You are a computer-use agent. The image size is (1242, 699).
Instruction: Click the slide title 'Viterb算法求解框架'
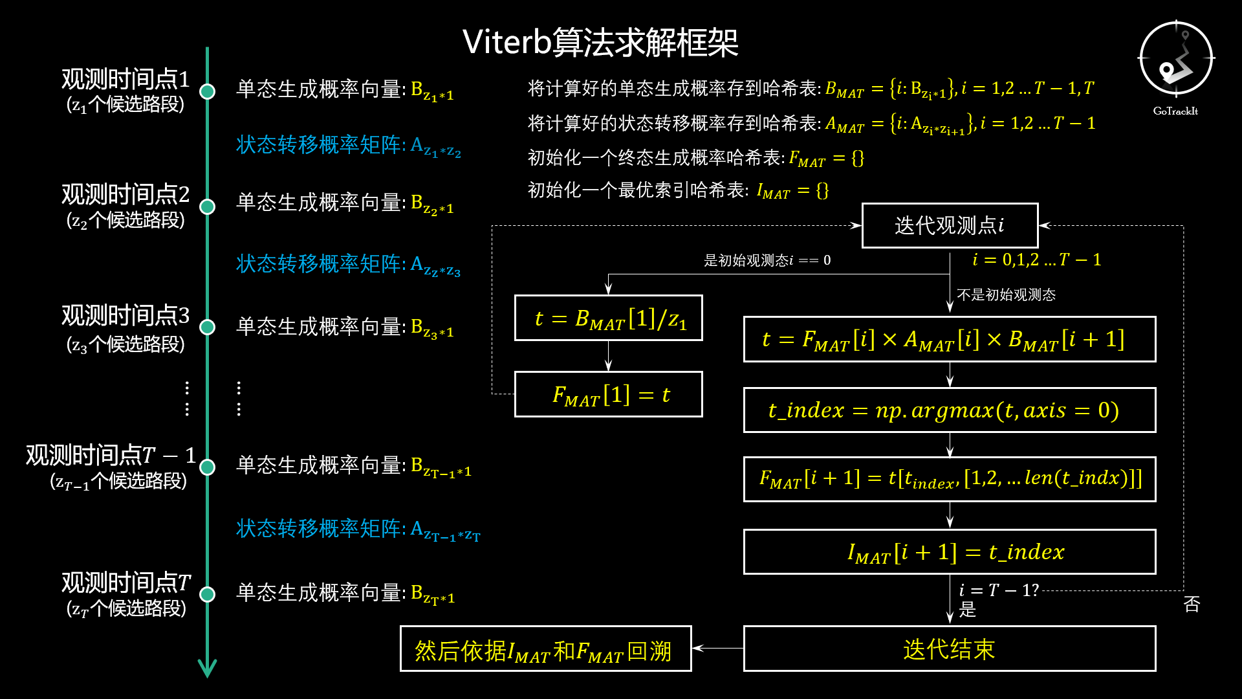[x=600, y=43]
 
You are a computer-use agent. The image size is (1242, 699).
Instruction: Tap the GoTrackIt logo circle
[x=1175, y=59]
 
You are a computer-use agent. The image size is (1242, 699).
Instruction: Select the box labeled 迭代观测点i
[x=950, y=225]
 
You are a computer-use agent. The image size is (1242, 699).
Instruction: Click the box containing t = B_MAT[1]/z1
[x=608, y=318]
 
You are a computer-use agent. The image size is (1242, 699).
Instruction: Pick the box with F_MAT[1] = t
[x=608, y=394]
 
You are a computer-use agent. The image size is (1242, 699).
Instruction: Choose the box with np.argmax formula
[x=949, y=410]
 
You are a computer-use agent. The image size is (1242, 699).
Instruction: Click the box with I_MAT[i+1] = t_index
[x=949, y=551]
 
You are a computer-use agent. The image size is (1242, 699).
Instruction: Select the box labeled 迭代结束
[x=949, y=649]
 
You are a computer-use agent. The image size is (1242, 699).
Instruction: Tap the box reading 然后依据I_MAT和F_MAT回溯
[x=545, y=649]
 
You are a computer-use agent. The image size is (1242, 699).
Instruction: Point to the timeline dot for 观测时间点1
[x=207, y=91]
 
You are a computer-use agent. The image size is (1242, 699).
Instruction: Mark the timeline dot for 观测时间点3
[x=207, y=327]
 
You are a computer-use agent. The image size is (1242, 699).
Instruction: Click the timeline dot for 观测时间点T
[x=207, y=594]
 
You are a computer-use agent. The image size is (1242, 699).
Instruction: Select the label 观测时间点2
[x=125, y=194]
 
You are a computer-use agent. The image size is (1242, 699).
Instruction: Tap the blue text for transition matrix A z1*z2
[x=348, y=146]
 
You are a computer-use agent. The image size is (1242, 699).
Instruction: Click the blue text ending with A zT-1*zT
[x=358, y=529]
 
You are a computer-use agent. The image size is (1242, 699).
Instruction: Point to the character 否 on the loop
[x=1192, y=604]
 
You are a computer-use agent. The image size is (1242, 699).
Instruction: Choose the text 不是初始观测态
[x=1006, y=295]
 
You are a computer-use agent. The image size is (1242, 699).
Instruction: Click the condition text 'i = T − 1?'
[x=998, y=590]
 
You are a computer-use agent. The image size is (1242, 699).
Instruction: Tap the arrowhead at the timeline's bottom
[x=207, y=669]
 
